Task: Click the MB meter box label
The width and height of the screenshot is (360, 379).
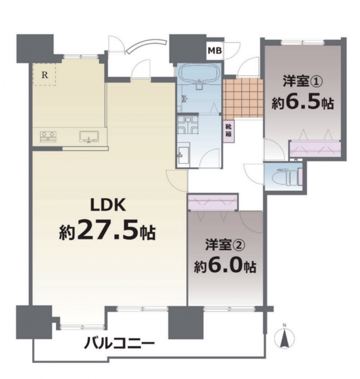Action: pos(215,51)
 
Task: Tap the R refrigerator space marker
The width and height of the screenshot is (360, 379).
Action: pos(44,75)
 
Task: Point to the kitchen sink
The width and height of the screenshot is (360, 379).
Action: pos(89,136)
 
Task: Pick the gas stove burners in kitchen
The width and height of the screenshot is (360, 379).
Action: pos(48,136)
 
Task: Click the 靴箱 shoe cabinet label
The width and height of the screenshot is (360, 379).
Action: pos(228,130)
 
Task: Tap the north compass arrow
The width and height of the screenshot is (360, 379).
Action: pos(285,338)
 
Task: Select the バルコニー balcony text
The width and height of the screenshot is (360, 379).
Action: pos(119,343)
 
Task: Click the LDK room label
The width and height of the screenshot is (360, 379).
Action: pos(108,205)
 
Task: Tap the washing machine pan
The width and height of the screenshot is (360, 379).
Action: pos(188,125)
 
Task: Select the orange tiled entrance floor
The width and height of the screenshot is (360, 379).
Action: pos(243,98)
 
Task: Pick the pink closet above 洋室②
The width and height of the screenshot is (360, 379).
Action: pos(212,203)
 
